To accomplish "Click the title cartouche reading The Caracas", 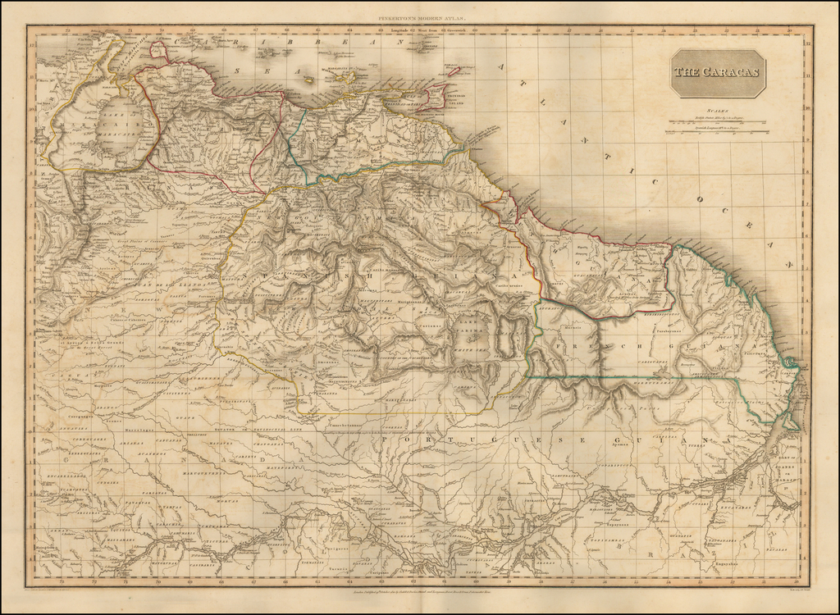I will point(717,72).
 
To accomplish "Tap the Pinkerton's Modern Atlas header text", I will point(419,17).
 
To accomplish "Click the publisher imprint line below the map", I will point(419,591).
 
